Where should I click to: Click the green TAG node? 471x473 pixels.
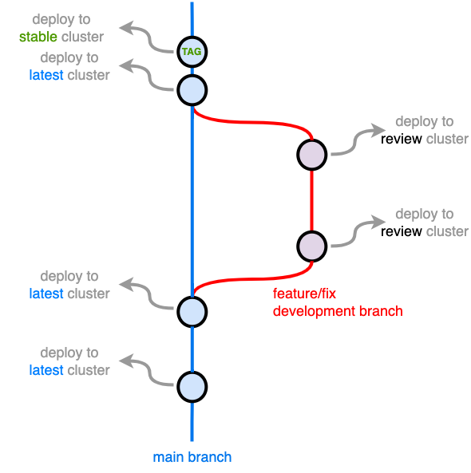(192, 52)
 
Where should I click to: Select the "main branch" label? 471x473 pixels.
(192, 457)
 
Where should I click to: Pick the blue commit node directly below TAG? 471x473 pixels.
(192, 89)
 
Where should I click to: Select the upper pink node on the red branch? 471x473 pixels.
(311, 155)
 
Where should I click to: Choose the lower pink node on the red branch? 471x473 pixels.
(311, 246)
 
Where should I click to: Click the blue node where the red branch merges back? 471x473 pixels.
(192, 311)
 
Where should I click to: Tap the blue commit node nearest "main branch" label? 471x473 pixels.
(192, 387)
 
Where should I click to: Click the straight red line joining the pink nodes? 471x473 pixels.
(311, 200)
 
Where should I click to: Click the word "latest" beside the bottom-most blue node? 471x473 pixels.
(46, 370)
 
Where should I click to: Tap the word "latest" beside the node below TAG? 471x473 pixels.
(46, 75)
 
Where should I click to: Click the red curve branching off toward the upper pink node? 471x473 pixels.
(255, 122)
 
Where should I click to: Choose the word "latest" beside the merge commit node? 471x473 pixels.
(46, 294)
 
